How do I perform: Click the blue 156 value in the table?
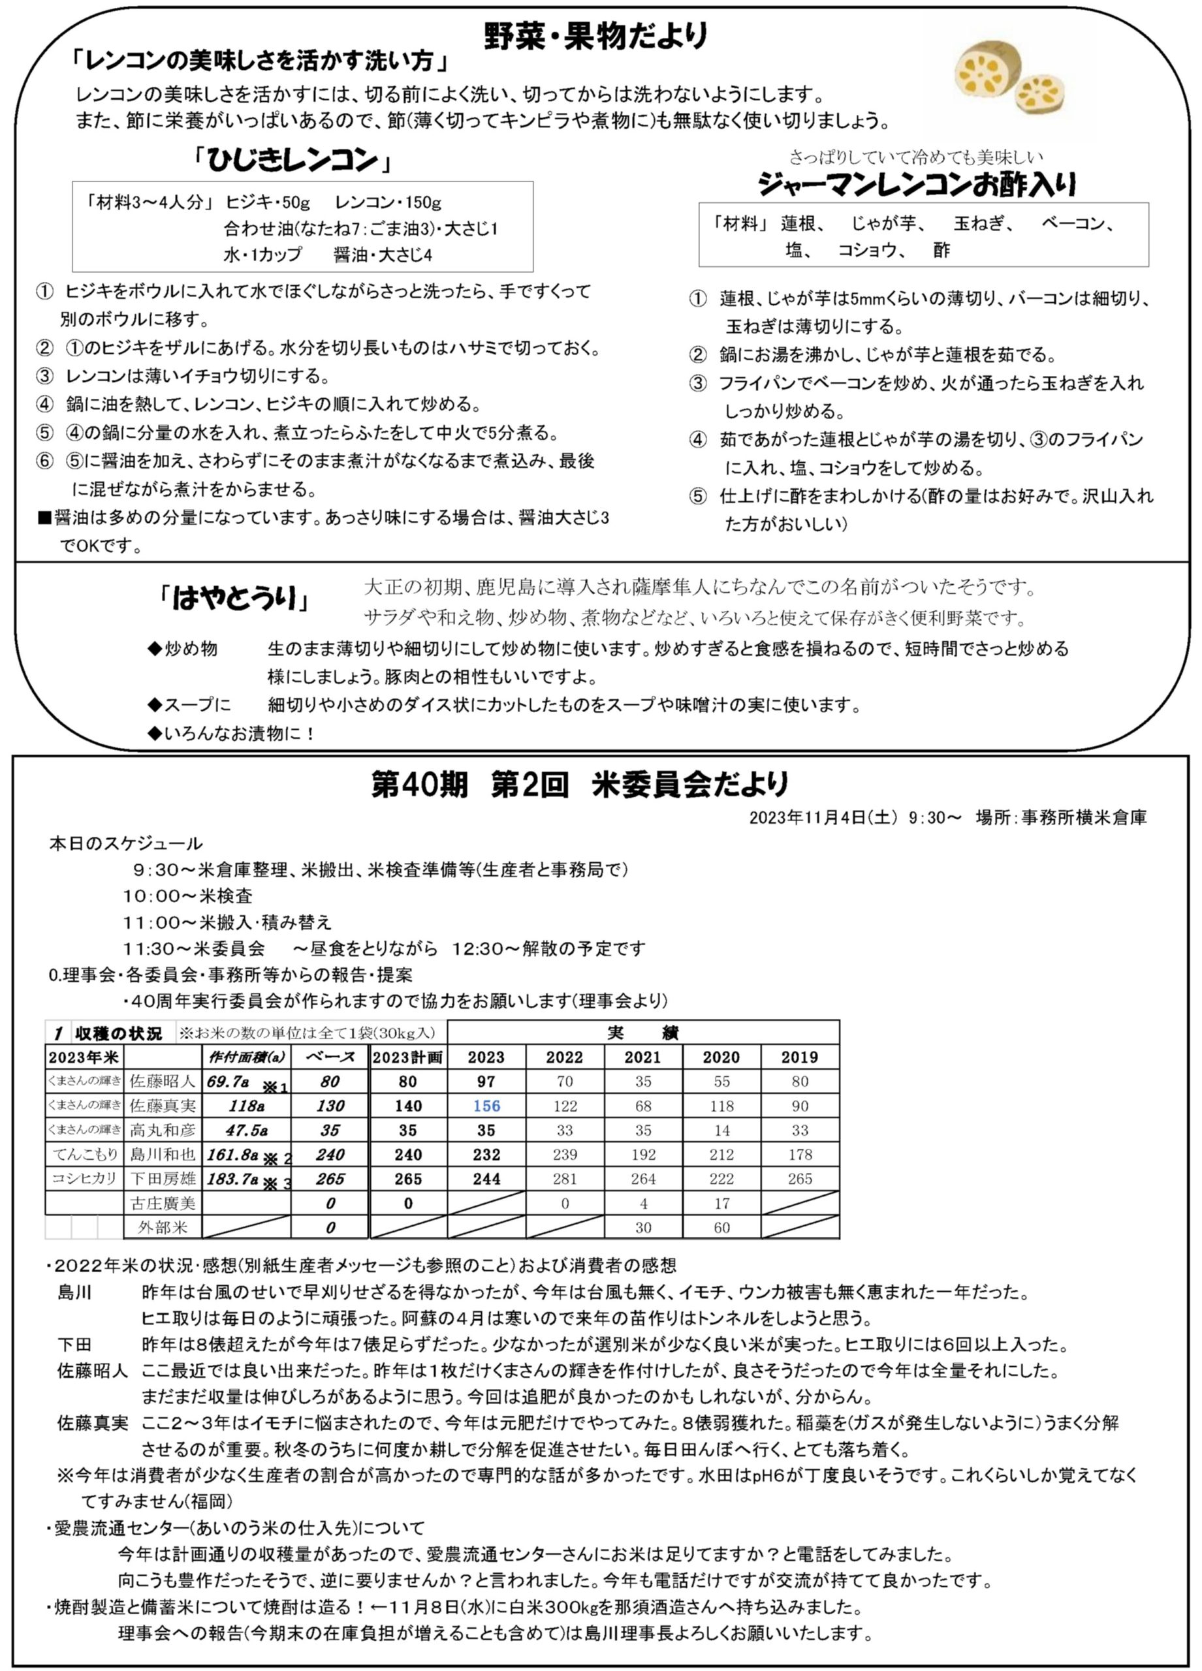click(486, 1105)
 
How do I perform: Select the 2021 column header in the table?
click(642, 1057)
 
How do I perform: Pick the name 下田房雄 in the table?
click(163, 1179)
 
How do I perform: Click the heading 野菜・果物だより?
click(596, 36)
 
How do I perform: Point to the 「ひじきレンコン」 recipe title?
click(292, 161)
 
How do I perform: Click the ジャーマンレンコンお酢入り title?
click(917, 184)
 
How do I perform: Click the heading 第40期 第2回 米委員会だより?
click(580, 785)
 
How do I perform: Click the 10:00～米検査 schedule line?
click(188, 896)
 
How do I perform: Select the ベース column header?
click(330, 1057)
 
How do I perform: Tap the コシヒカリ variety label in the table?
click(84, 1179)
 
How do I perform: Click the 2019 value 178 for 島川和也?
click(800, 1155)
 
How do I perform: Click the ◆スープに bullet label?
click(189, 705)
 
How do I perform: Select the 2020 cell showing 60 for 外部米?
click(721, 1227)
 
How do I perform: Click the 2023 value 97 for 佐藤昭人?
click(486, 1082)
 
